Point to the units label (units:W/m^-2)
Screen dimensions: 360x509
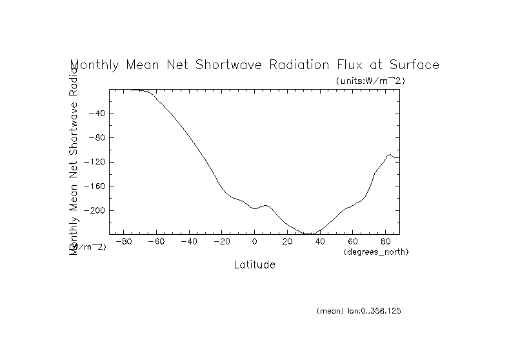point(370,81)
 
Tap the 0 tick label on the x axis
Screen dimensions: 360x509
point(255,242)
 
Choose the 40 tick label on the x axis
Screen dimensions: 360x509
point(321,242)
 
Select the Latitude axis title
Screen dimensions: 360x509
point(254,265)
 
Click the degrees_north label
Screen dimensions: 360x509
point(377,251)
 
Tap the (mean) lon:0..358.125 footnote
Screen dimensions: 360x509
point(359,311)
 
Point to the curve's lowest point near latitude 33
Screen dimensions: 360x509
point(309,234)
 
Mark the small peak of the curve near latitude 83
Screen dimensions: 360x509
point(390,155)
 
